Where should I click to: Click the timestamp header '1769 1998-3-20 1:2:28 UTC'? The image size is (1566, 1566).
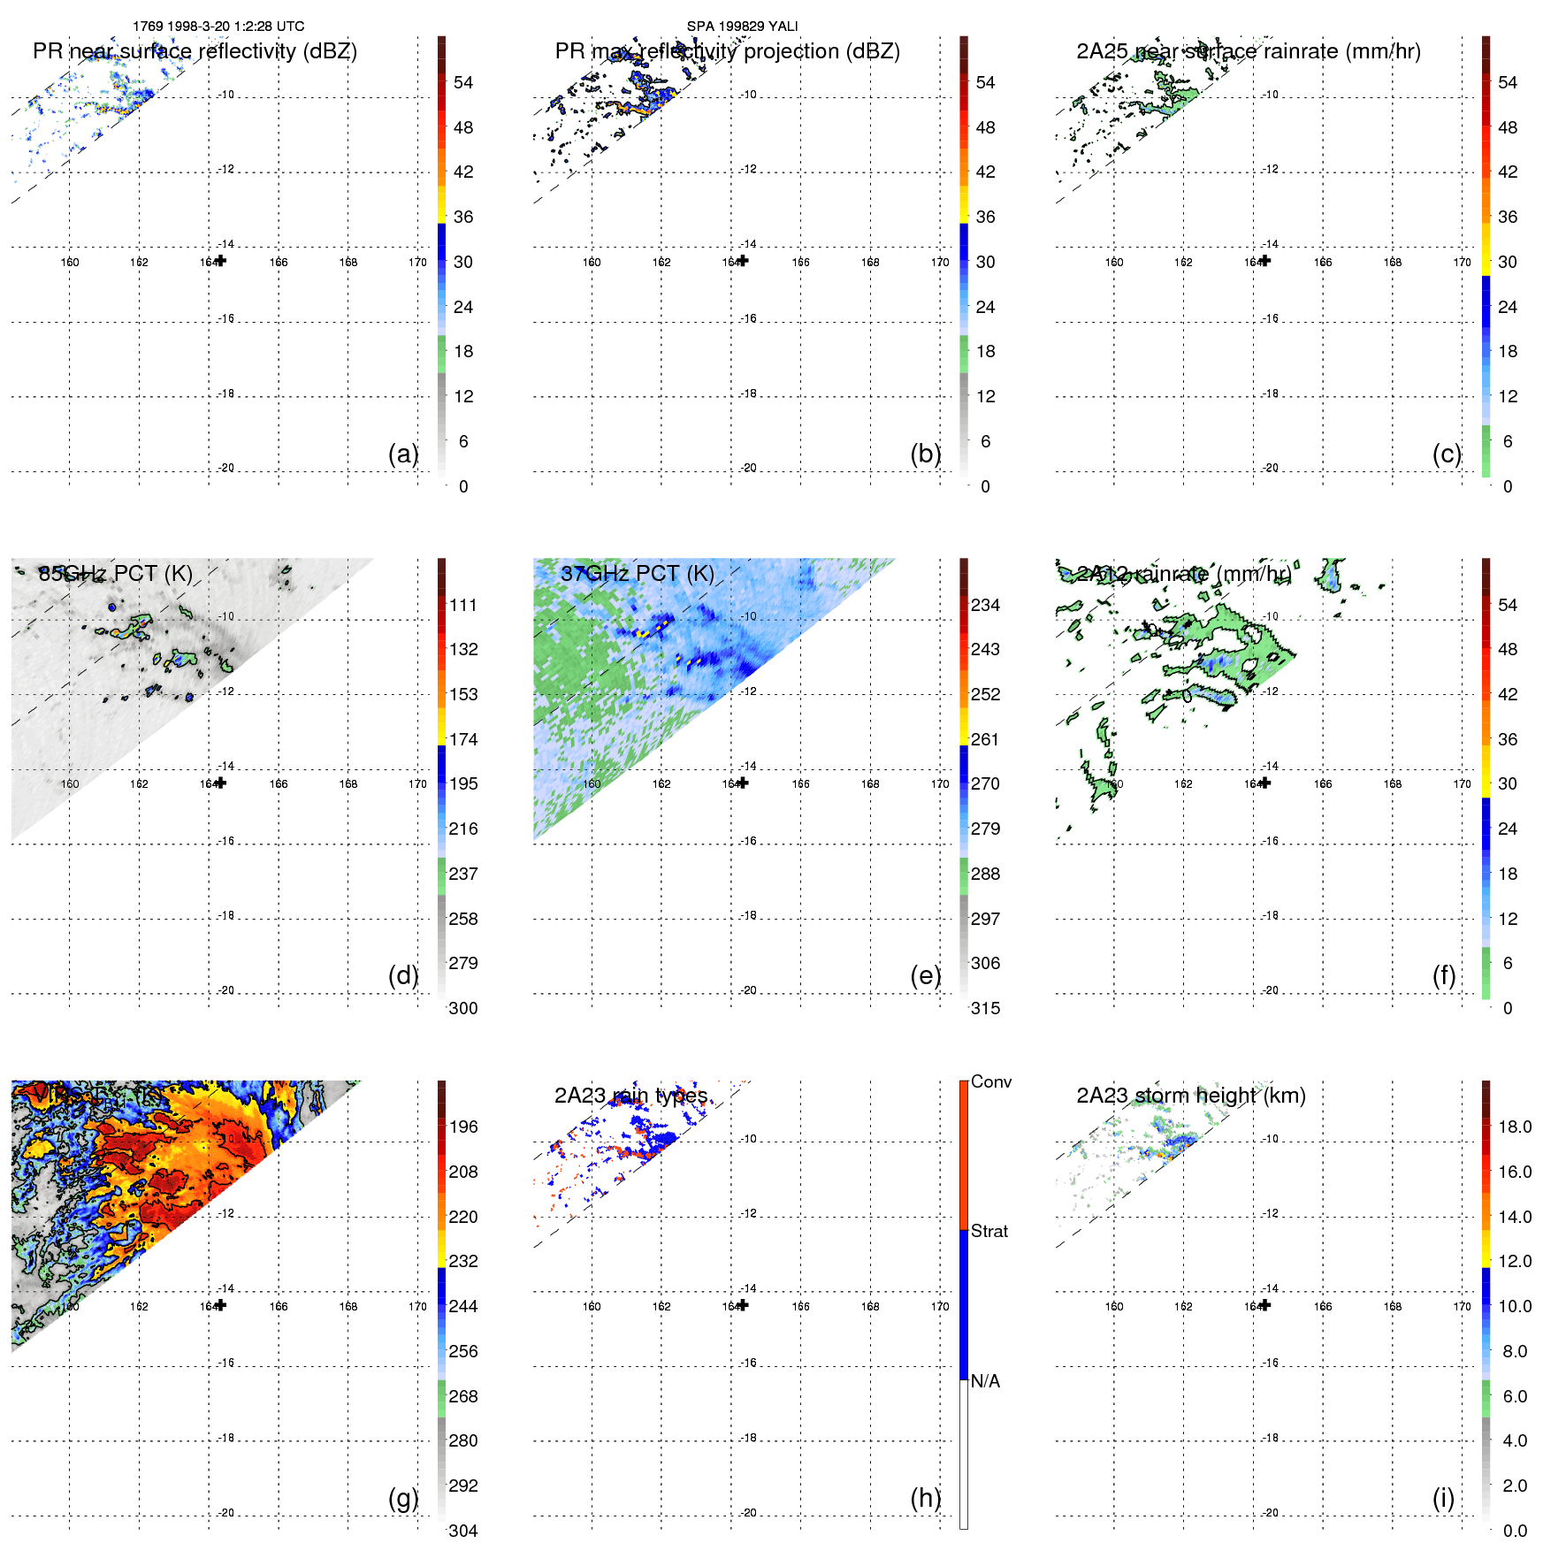[x=218, y=27]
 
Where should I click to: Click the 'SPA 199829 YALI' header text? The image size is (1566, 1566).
[x=742, y=27]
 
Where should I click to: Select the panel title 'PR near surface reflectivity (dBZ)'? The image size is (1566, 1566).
[x=195, y=51]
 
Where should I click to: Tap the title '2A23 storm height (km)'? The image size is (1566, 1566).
[x=1190, y=1096]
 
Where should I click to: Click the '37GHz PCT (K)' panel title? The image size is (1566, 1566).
[x=637, y=574]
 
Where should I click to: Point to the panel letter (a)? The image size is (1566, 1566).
[x=403, y=454]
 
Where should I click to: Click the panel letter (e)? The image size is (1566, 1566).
[x=925, y=975]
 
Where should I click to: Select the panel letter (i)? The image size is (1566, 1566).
[x=1443, y=1498]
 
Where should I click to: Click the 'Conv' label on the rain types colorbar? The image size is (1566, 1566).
[x=990, y=1081]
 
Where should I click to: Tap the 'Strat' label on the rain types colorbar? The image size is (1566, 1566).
[x=989, y=1231]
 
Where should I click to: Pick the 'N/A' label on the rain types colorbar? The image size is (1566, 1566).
[x=985, y=1381]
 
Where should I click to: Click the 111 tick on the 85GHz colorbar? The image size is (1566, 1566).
[x=463, y=605]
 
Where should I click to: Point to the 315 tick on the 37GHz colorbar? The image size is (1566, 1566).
[x=985, y=1008]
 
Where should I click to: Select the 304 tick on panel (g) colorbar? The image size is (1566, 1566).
[x=463, y=1531]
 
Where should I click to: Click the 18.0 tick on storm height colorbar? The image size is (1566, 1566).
[x=1515, y=1127]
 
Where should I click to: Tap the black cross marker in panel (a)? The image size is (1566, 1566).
[x=221, y=260]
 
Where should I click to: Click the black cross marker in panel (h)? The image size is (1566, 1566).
[x=743, y=1305]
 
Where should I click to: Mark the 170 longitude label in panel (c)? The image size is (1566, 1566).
[x=1462, y=263]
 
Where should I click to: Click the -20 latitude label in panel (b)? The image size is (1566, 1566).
[x=748, y=468]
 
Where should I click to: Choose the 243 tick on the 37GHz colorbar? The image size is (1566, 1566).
[x=985, y=649]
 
